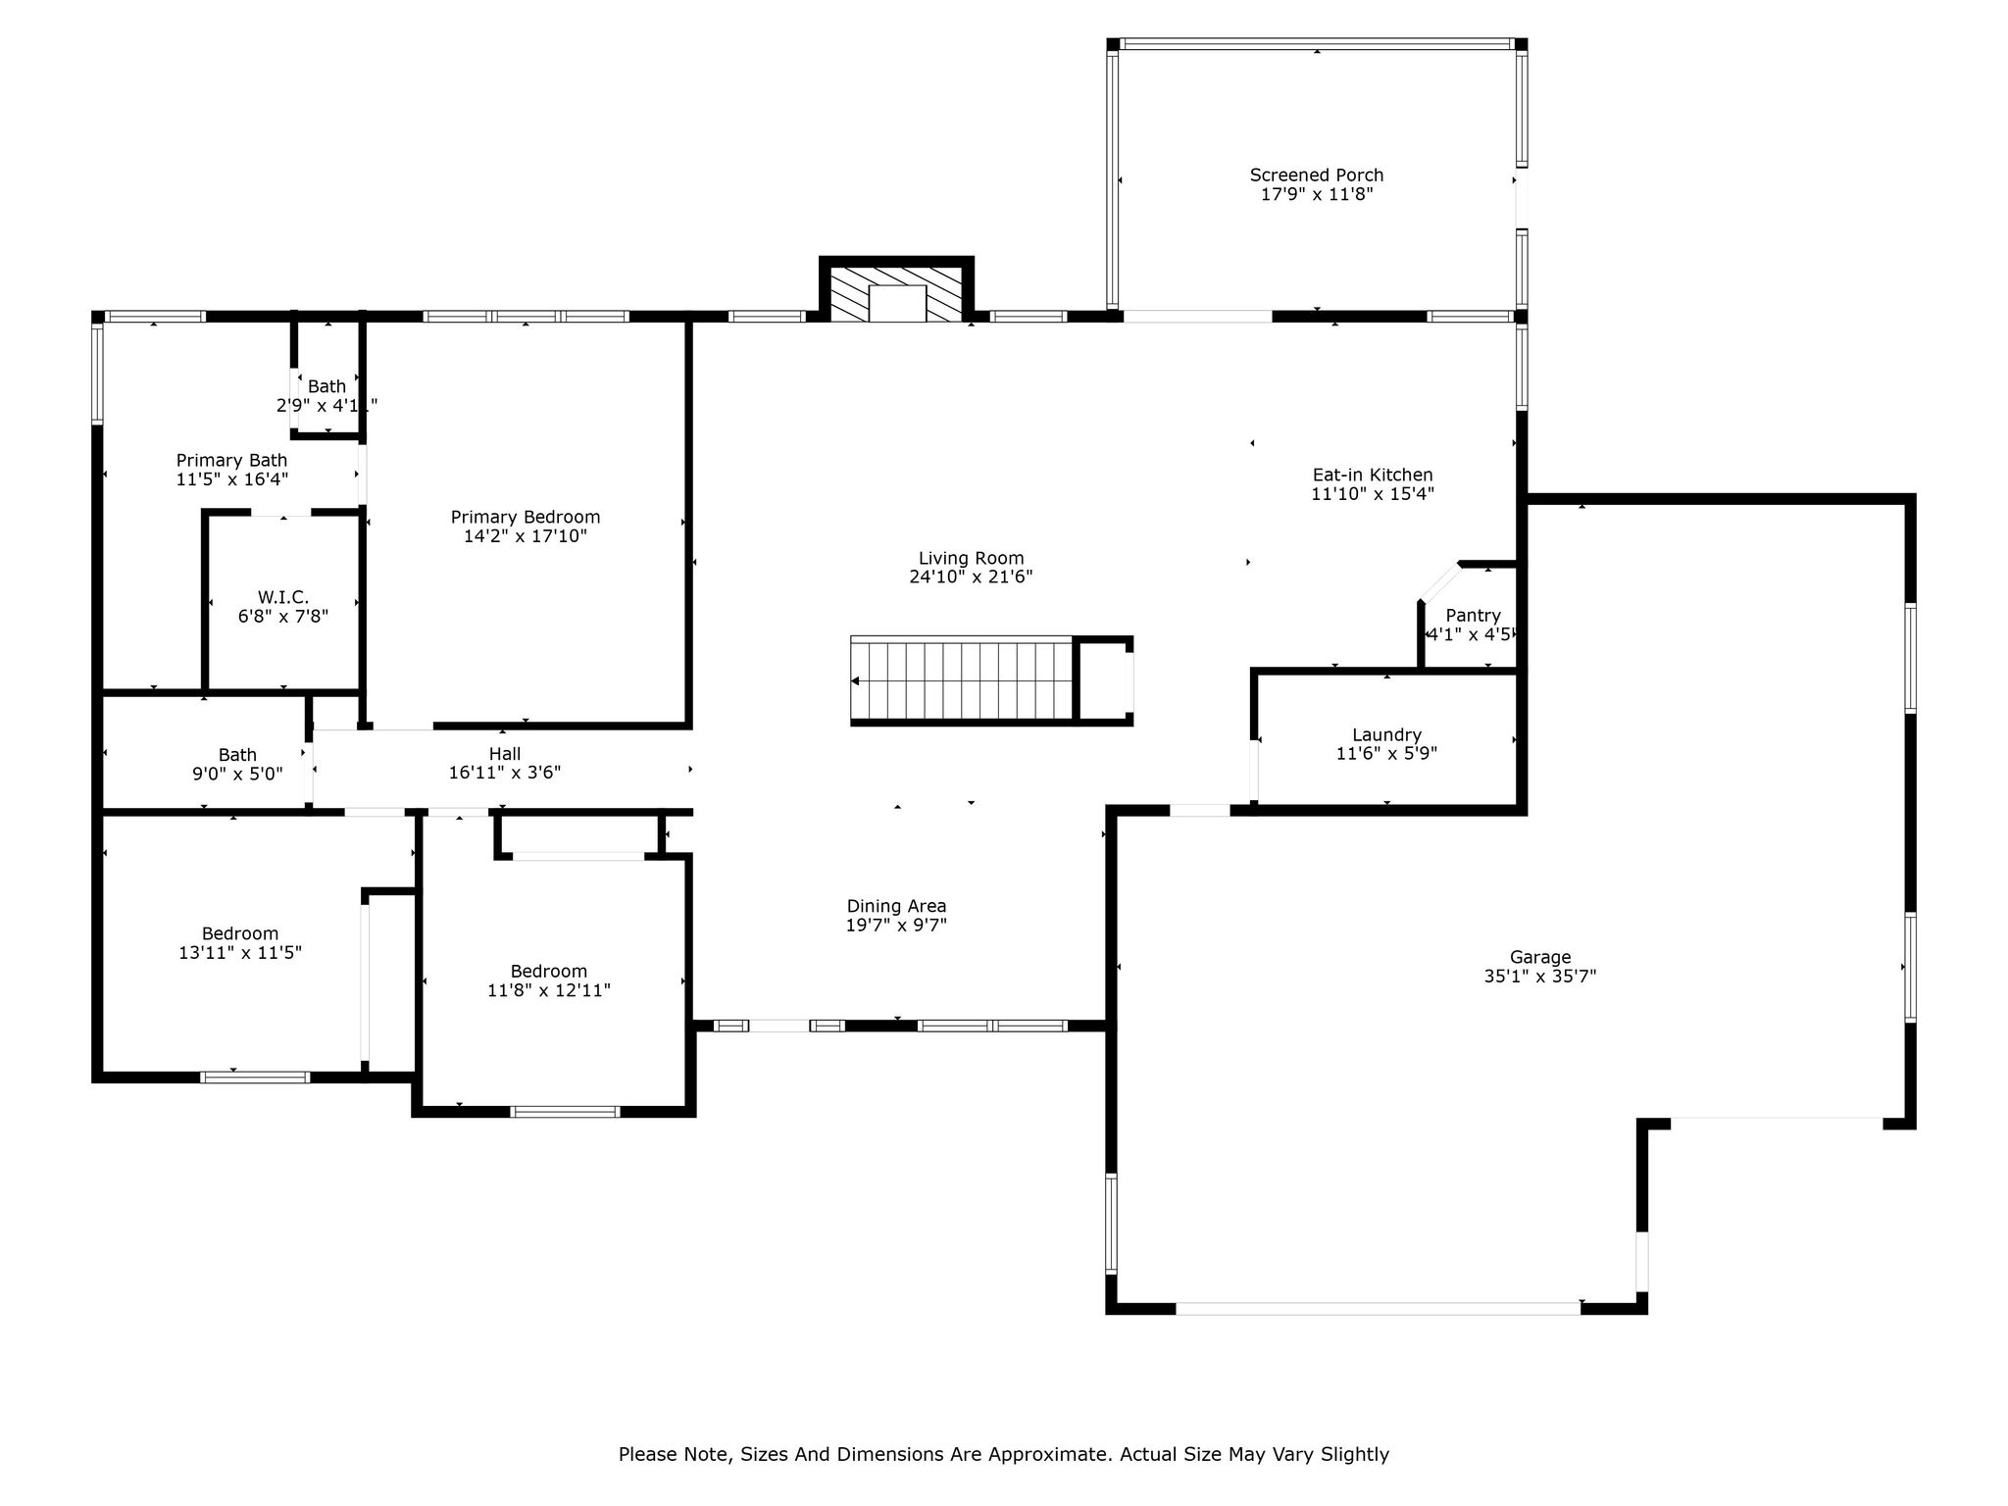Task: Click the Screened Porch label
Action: point(1316,176)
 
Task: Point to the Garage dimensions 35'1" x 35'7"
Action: point(1539,977)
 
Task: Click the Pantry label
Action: point(1473,616)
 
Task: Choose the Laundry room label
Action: point(1386,735)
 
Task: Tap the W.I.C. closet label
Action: point(283,597)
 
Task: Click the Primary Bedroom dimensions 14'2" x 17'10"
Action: point(526,536)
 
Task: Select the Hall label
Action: point(505,754)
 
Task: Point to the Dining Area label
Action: point(896,907)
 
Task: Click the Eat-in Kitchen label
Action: point(1373,476)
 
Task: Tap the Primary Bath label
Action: point(231,461)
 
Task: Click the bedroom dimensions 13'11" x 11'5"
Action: point(240,952)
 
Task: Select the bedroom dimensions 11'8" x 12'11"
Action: point(549,990)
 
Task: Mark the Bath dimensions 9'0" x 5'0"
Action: point(237,774)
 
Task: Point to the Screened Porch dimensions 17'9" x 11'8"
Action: point(1316,194)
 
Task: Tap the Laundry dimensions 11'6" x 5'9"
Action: point(1386,754)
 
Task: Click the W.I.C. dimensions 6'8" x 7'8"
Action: point(283,617)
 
